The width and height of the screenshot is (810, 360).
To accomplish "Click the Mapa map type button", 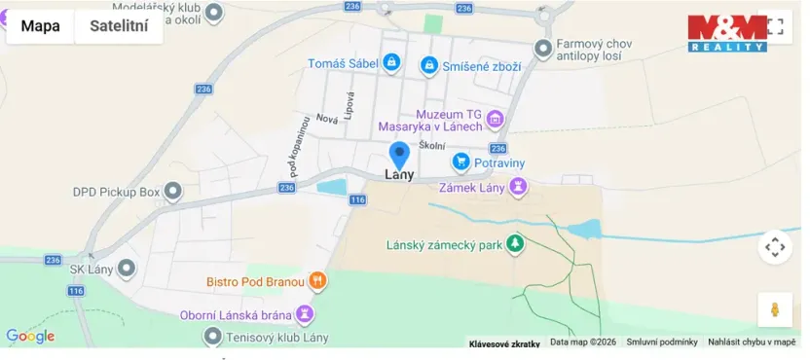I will (x=40, y=26).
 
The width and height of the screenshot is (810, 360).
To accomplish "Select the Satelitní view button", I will (x=119, y=26).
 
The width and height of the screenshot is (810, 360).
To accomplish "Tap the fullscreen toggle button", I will (x=775, y=26).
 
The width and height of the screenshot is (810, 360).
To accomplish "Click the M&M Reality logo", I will (x=726, y=32).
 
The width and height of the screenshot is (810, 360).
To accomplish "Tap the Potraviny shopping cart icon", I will (x=461, y=162).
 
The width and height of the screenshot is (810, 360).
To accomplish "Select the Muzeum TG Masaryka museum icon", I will (x=496, y=120).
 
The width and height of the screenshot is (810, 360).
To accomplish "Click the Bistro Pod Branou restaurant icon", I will (x=317, y=282).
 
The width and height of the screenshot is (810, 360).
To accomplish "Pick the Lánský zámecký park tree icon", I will (x=516, y=244).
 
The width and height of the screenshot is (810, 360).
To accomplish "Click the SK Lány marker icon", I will (x=127, y=268).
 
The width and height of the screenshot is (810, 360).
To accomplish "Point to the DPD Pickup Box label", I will (x=115, y=193).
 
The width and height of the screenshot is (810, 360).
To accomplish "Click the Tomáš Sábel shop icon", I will (x=391, y=63).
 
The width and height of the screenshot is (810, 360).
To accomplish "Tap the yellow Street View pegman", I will (x=775, y=309).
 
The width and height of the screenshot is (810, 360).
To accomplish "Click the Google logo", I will (x=30, y=337).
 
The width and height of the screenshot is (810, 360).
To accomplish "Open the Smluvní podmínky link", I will (x=662, y=342).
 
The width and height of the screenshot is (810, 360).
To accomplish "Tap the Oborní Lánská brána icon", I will (x=305, y=313).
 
